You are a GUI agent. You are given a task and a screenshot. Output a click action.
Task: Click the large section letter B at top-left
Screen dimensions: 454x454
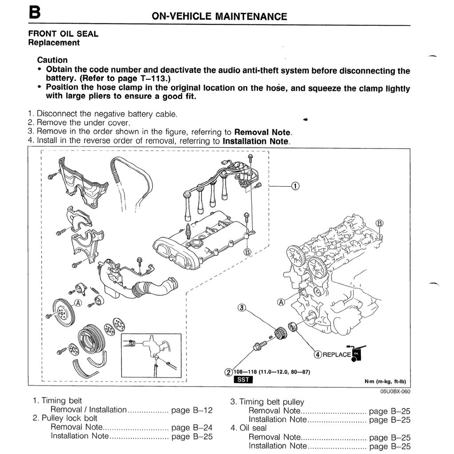coord(35,12)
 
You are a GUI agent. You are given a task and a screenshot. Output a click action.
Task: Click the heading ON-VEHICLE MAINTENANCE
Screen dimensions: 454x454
coord(219,17)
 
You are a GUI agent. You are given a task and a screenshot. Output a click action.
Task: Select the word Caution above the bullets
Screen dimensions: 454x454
coord(52,60)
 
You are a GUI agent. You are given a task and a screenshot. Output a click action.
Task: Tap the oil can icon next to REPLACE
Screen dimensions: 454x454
coord(357,353)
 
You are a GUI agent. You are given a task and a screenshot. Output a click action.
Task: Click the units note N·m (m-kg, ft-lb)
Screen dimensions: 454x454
coord(385,381)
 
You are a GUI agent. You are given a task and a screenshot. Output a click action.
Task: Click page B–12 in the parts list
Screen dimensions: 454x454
coord(192,410)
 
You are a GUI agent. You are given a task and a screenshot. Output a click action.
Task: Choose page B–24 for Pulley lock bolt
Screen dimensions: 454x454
coord(192,428)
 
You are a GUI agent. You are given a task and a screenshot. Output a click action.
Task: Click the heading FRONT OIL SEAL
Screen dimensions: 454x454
coord(63,34)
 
